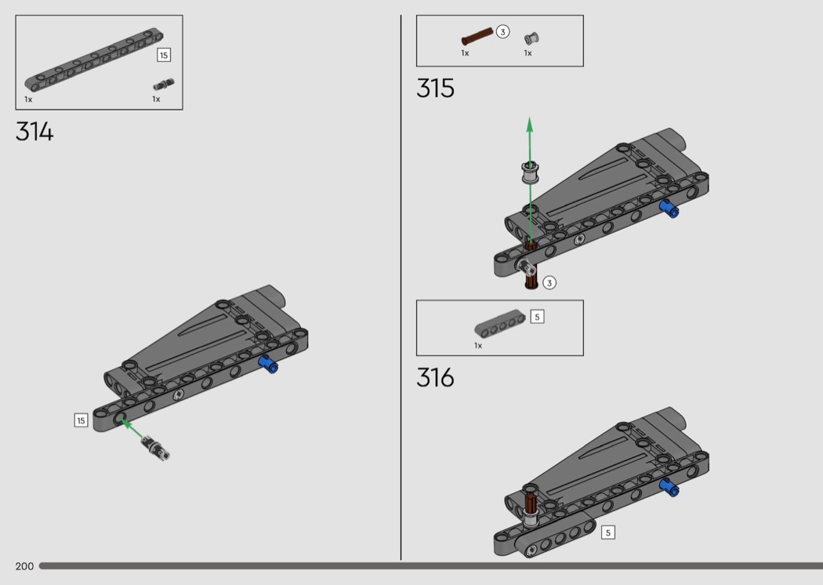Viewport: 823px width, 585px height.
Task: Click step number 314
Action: point(34,131)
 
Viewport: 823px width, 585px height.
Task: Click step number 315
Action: point(435,89)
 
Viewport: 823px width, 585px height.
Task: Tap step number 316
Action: point(435,377)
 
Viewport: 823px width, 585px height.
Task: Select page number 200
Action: point(24,566)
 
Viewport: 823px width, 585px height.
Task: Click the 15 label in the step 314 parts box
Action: point(164,55)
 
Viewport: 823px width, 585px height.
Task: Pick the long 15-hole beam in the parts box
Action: point(94,60)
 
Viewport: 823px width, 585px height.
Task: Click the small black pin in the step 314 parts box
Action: point(163,84)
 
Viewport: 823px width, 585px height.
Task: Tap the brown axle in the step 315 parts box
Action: point(477,37)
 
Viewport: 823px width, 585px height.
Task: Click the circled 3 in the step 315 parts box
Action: point(502,32)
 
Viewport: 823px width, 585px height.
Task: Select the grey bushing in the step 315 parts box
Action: point(531,38)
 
